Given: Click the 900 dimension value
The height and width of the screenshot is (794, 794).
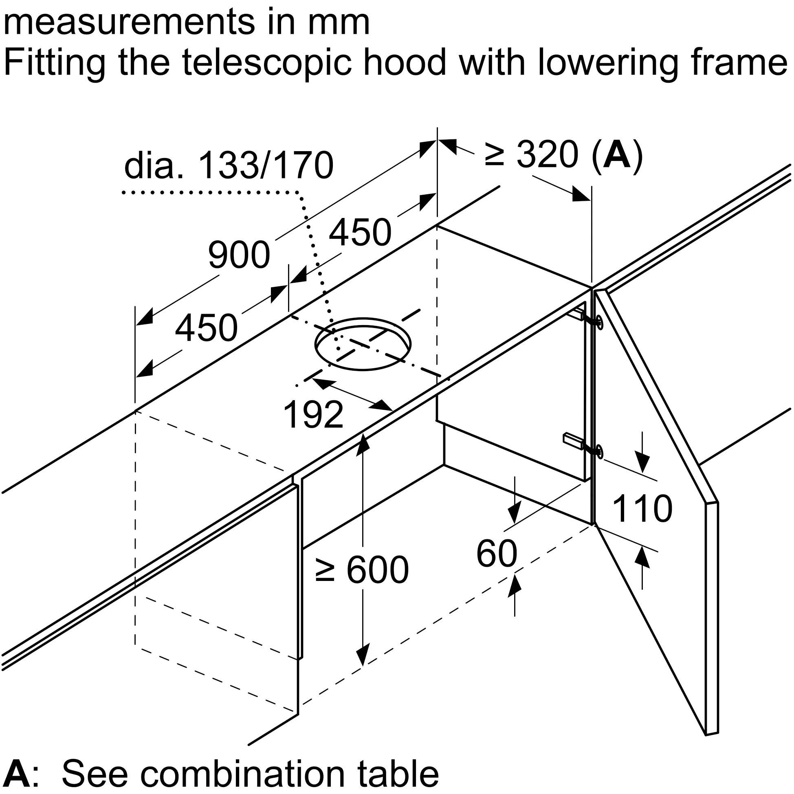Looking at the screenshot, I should click(x=239, y=255).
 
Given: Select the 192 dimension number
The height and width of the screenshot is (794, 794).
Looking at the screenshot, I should click(x=314, y=415).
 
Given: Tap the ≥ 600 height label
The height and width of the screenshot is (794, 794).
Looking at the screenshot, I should click(x=362, y=570).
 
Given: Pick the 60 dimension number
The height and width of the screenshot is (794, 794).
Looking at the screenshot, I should click(x=497, y=554).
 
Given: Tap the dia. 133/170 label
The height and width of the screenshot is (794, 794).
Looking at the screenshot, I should click(x=229, y=166).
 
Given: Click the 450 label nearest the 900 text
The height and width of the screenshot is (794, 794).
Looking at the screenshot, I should click(x=206, y=328).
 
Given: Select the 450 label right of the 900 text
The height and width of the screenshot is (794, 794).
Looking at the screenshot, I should click(x=360, y=233).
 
